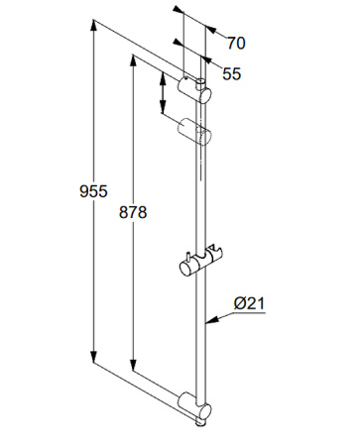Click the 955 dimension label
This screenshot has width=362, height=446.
coord(93,191)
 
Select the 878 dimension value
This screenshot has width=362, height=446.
coord(133,212)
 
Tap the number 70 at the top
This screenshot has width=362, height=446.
coord(236,44)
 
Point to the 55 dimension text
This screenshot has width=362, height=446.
coord(231,73)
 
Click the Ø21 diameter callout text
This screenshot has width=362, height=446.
coord(250,303)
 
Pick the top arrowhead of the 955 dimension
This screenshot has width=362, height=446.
coord(94,26)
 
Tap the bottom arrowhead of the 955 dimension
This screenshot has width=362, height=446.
coord(94,357)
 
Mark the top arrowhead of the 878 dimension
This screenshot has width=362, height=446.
coord(133,60)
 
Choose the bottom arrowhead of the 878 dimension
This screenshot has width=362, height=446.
coord(133,365)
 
